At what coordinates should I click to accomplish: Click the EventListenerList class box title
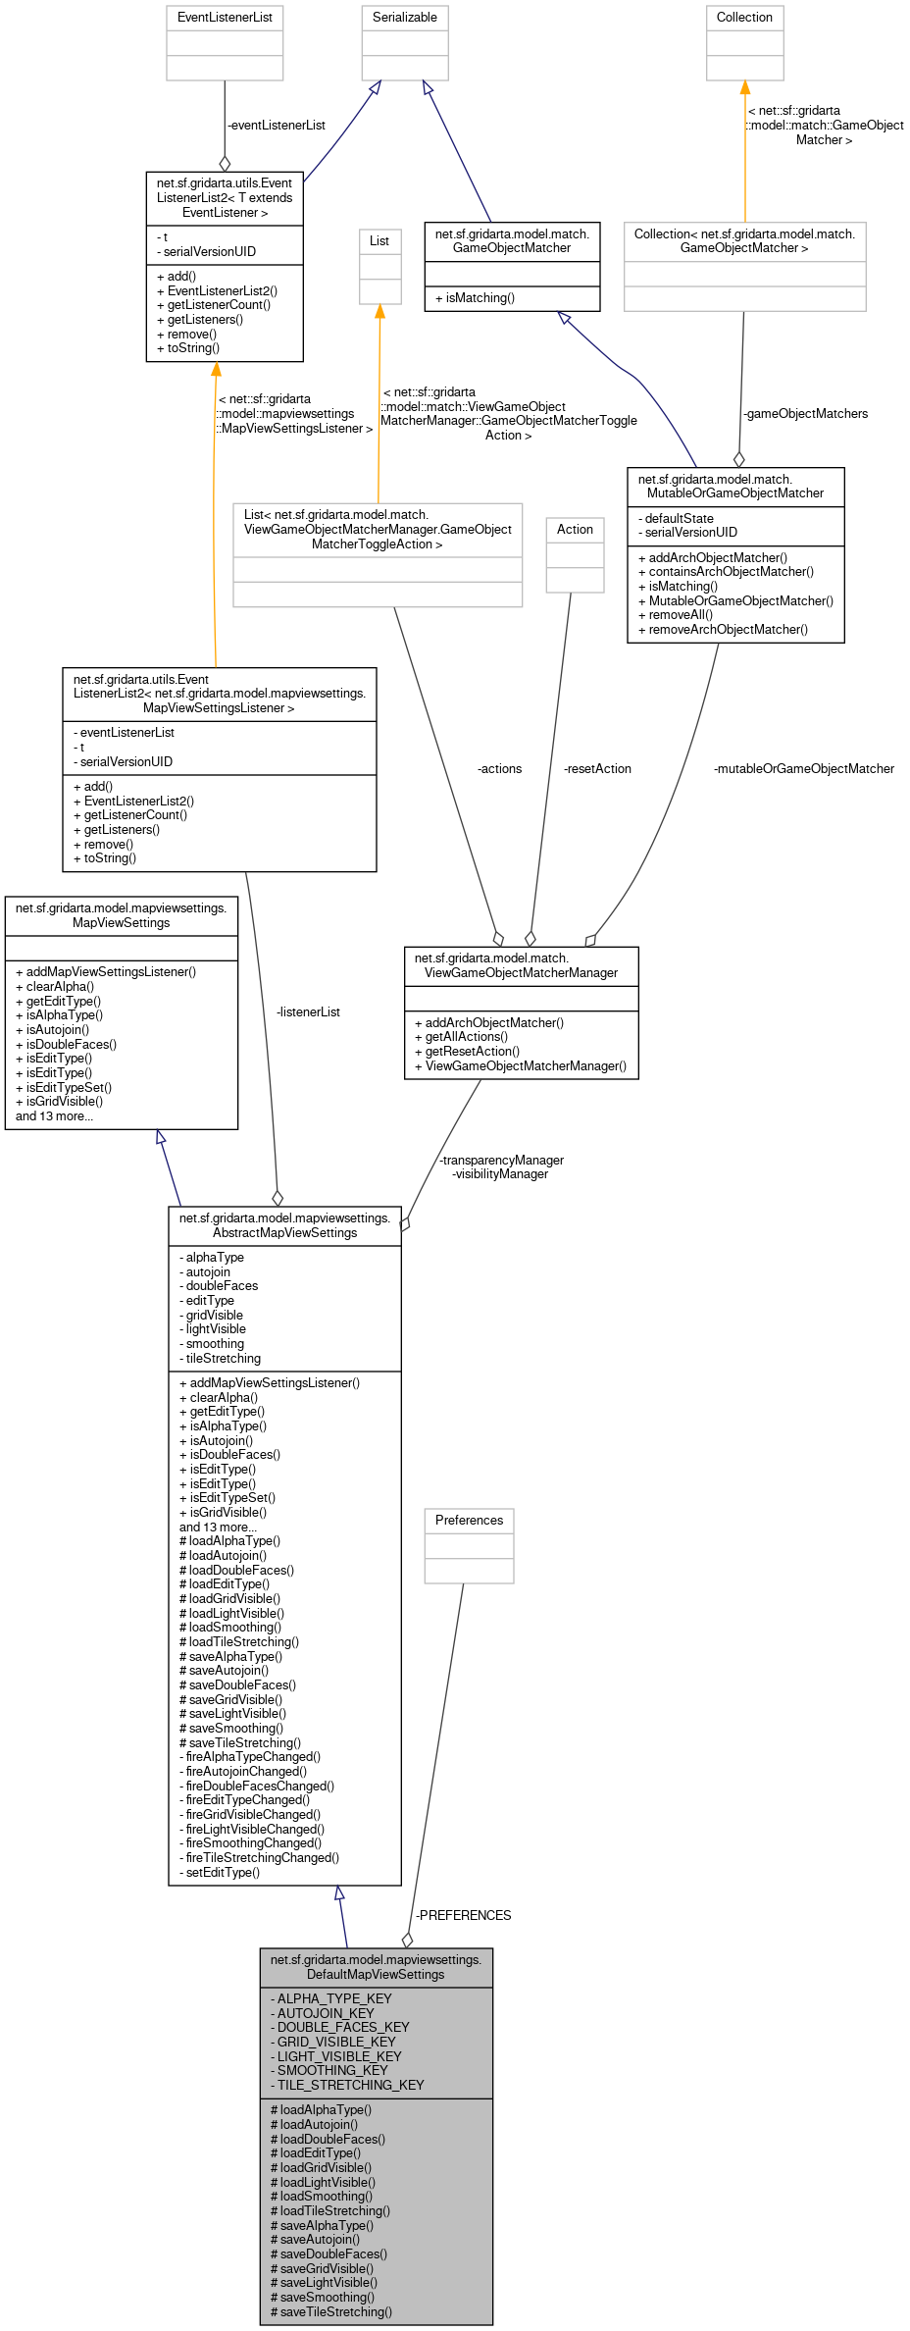pyautogui.click(x=225, y=18)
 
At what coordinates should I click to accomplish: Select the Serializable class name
pyautogui.click(x=405, y=18)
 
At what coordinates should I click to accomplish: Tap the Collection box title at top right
pyautogui.click(x=744, y=18)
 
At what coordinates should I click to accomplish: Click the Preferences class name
pyautogui.click(x=469, y=1520)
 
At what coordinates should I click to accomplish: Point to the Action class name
pyautogui.click(x=575, y=529)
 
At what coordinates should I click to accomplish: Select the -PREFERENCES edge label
pyautogui.click(x=463, y=1915)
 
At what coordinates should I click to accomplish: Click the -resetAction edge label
pyautogui.click(x=597, y=769)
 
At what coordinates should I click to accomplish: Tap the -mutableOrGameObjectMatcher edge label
pyautogui.click(x=803, y=769)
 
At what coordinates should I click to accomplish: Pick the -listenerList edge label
pyautogui.click(x=308, y=1012)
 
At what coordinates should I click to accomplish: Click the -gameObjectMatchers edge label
pyautogui.click(x=805, y=414)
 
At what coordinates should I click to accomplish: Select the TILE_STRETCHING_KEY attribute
pyautogui.click(x=350, y=2085)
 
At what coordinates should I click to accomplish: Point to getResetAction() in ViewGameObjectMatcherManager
pyautogui.click(x=472, y=1052)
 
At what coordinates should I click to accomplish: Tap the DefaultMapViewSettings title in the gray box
pyautogui.click(x=376, y=1967)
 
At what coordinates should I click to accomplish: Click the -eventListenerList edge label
pyautogui.click(x=276, y=126)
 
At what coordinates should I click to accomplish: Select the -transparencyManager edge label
pyautogui.click(x=501, y=1161)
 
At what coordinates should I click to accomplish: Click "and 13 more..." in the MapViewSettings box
pyautogui.click(x=55, y=1116)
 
